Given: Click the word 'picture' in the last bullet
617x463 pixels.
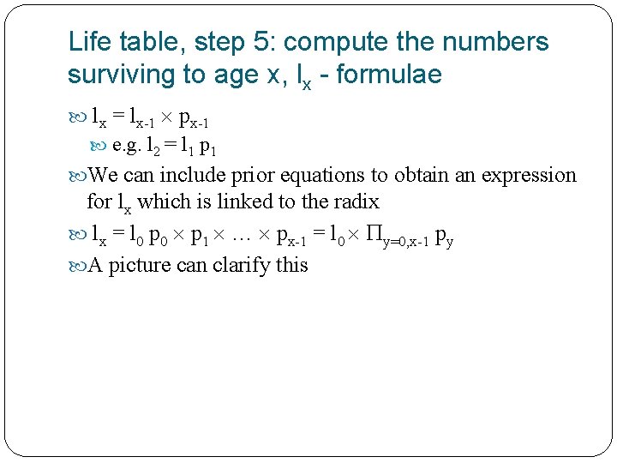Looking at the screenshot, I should click(140, 265).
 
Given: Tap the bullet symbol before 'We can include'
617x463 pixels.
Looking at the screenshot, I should click(77, 176).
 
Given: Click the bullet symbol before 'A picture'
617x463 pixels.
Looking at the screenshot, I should click(77, 266).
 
